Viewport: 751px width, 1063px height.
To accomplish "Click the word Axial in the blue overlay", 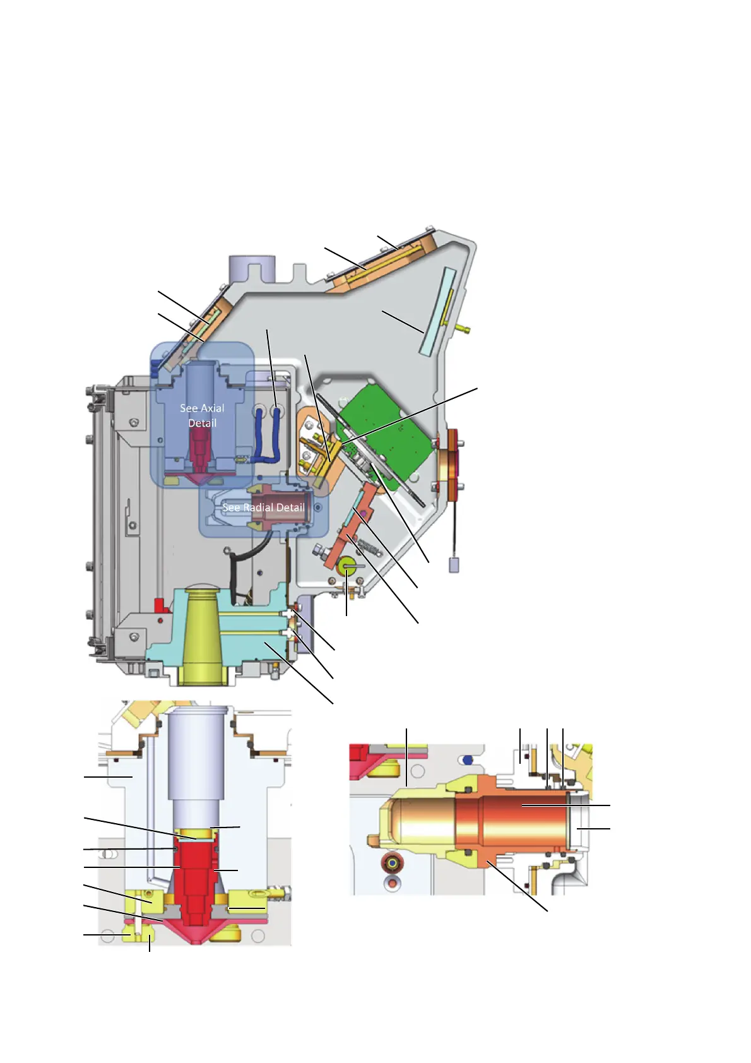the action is [213, 408].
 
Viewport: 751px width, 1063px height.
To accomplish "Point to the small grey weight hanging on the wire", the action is [454, 565].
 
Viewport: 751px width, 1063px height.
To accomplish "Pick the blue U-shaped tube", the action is [266, 434].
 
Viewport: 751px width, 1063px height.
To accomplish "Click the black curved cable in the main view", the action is [247, 565].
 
